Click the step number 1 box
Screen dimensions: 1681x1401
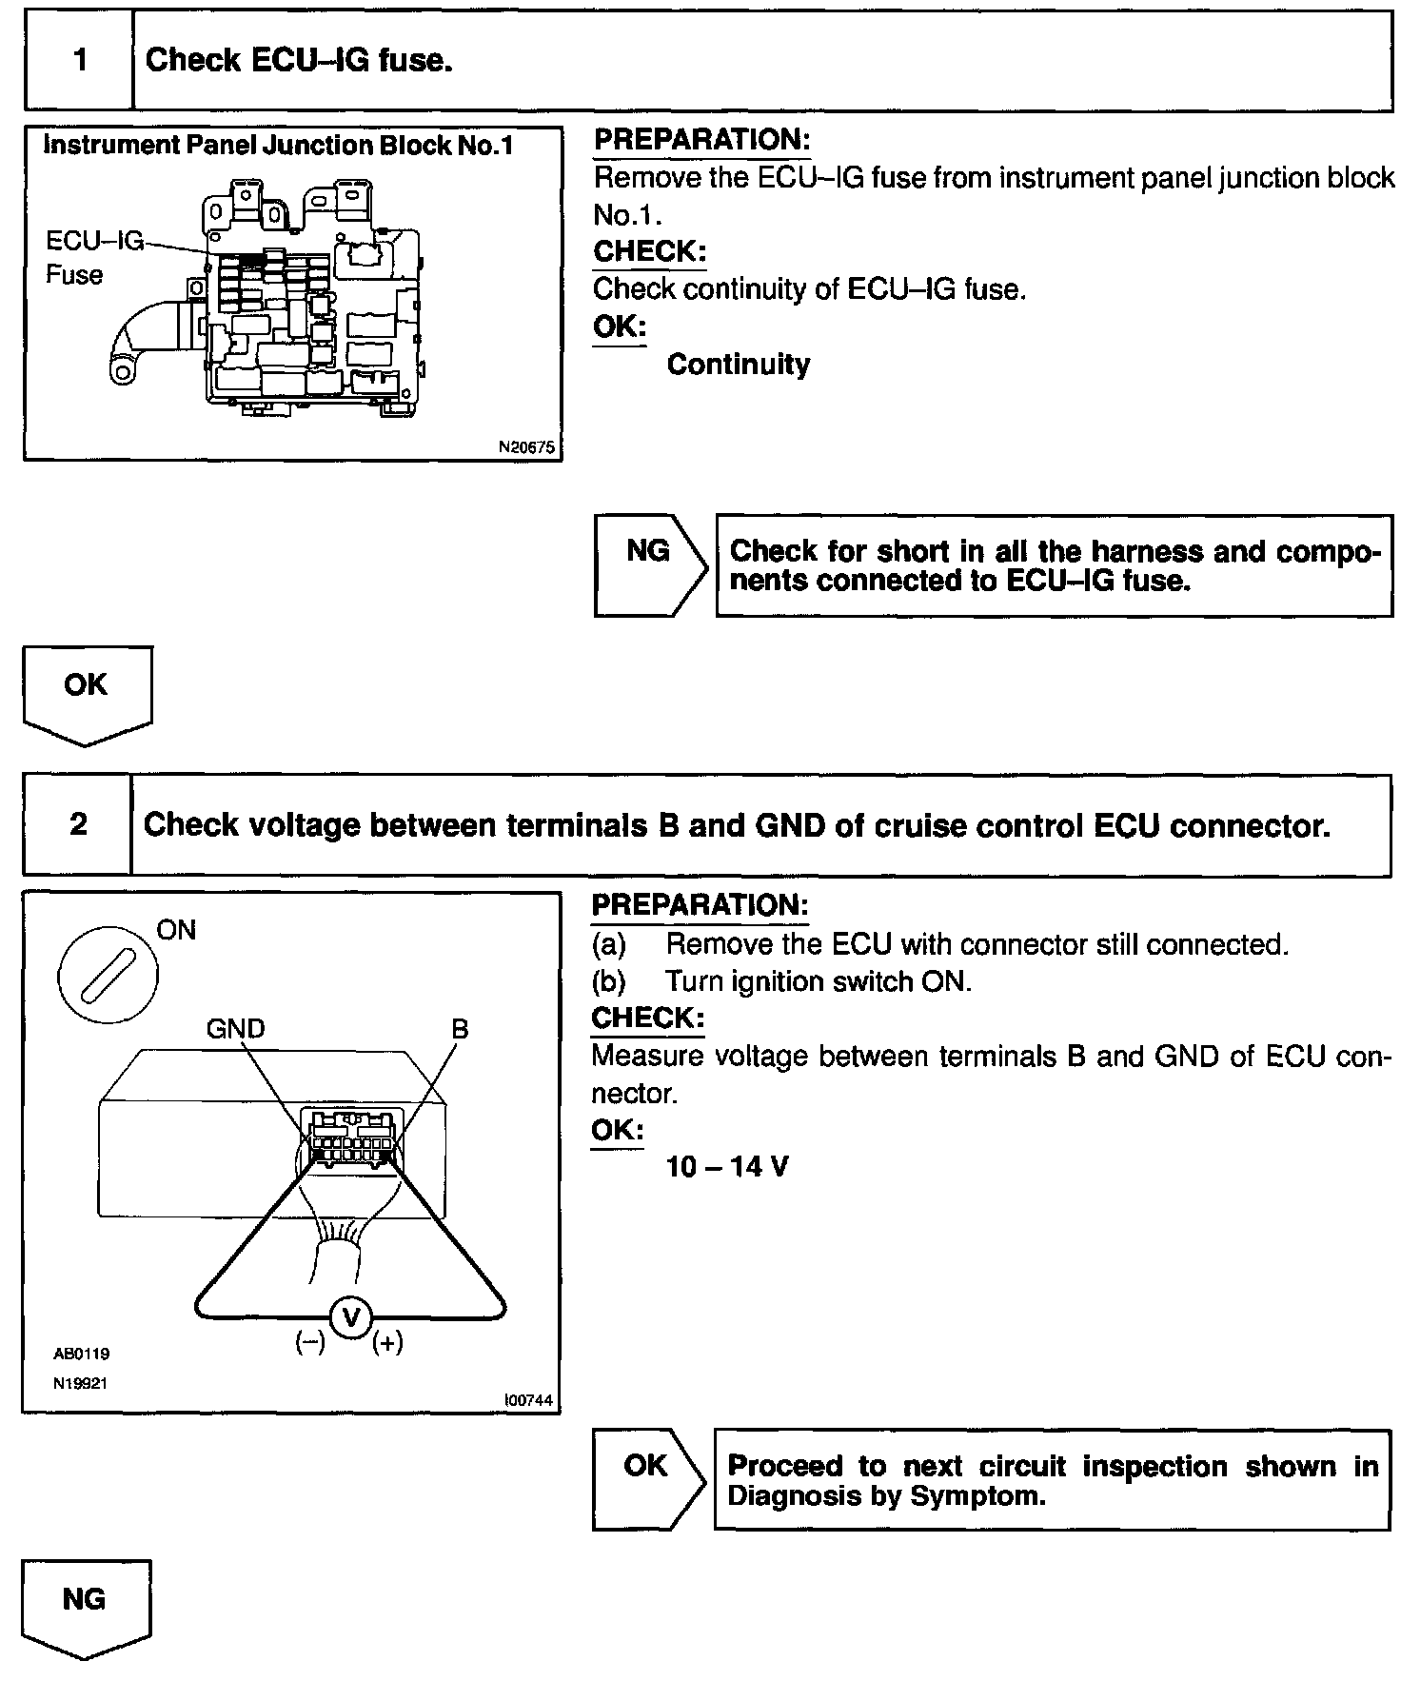pos(80,61)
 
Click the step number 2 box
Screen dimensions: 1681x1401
pos(78,824)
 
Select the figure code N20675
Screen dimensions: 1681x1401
pos(526,446)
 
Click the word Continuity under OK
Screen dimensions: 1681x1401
pos(738,365)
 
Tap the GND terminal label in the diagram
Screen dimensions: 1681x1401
pos(235,1028)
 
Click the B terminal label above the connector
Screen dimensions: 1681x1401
pos(460,1028)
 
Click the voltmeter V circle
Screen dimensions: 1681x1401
pos(351,1317)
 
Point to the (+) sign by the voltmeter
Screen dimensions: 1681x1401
pos(387,1343)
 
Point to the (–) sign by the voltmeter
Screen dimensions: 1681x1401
pos(310,1343)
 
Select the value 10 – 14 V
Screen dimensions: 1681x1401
pos(727,1167)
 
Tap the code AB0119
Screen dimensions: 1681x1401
pos(81,1354)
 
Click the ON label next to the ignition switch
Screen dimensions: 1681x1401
pos(176,930)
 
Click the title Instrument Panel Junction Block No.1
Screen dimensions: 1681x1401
pos(278,146)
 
